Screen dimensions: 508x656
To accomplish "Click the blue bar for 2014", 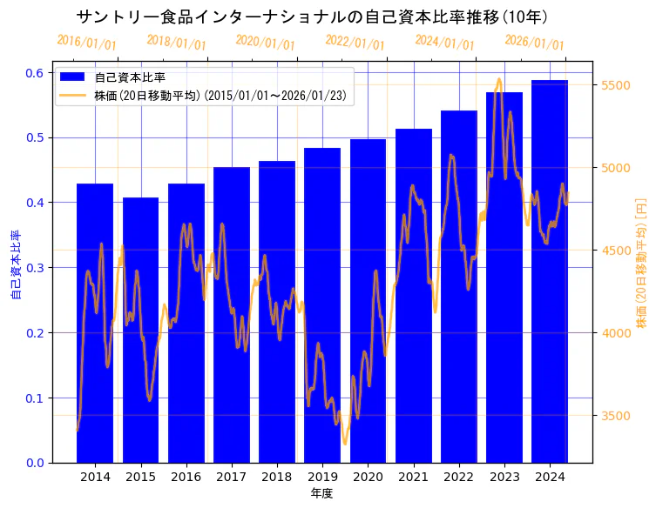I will [95, 323].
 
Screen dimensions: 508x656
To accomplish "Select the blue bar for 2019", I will [322, 305].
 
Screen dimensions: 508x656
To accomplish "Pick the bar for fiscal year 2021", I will [413, 296].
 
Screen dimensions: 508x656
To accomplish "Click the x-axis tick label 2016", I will [186, 477].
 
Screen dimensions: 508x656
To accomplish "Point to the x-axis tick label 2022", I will [458, 477].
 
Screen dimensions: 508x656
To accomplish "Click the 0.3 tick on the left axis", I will [34, 268].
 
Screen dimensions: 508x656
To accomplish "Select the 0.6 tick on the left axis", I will [34, 73].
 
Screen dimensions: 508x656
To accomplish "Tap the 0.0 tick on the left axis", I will [34, 463].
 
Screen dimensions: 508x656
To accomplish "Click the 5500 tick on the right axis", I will [615, 85].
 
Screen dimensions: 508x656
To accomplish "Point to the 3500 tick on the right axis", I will [615, 416].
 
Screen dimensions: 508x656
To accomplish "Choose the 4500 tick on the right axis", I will [615, 251].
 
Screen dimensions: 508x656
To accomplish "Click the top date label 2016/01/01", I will [86, 43].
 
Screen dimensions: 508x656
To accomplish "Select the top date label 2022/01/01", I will [355, 43].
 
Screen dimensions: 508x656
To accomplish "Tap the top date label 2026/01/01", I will [534, 43].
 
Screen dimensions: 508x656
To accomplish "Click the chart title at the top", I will [311, 17].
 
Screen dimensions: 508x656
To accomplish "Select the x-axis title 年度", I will [321, 493].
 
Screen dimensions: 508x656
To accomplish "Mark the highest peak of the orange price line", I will [498, 79].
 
